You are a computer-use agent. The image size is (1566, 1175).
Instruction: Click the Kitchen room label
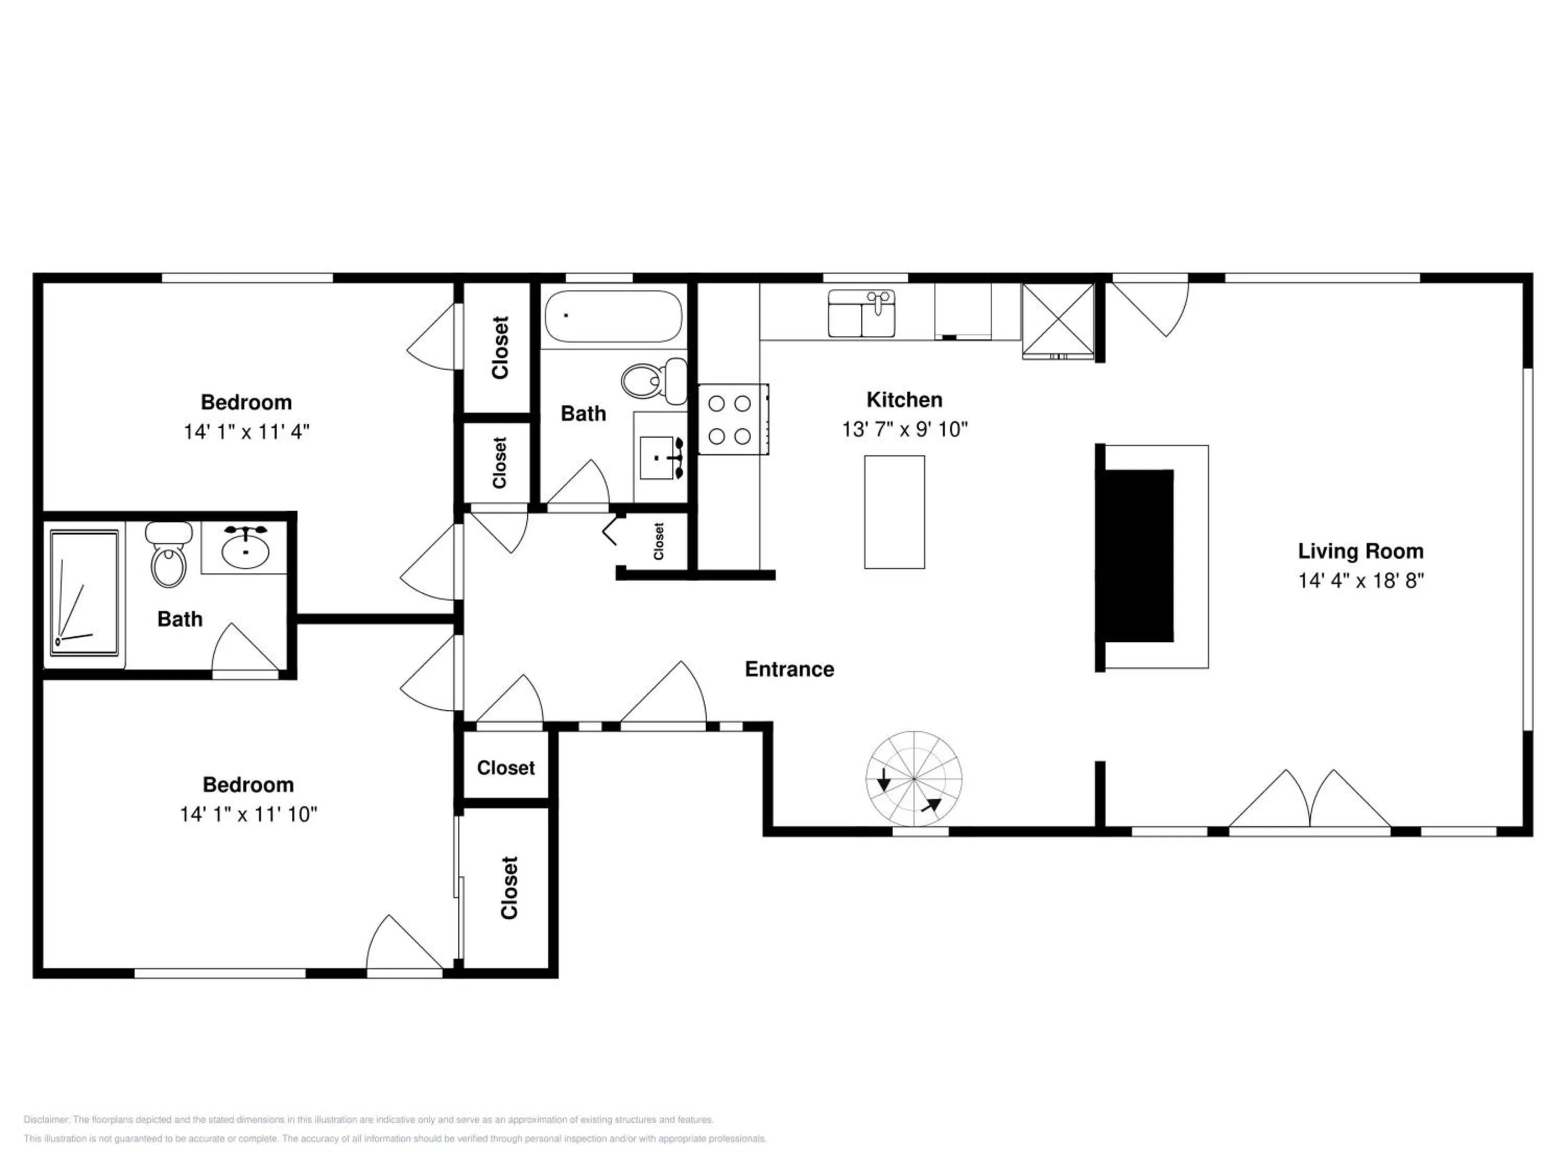904,399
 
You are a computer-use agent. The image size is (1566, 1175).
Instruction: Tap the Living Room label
1360,551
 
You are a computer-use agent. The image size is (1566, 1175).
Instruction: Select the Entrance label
789,669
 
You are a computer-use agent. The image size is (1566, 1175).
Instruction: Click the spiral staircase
914,779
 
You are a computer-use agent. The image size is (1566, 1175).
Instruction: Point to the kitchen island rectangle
894,512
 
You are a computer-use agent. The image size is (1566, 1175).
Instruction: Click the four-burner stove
733,419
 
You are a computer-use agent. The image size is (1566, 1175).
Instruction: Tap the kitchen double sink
862,313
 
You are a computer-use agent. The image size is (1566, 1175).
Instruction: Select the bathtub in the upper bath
614,316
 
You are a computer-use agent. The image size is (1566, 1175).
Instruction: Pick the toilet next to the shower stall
169,555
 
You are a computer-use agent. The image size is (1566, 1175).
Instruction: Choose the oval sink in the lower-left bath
245,549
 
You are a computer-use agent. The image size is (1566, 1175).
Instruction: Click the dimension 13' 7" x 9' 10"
905,429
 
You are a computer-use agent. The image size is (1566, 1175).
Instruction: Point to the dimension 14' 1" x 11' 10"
248,815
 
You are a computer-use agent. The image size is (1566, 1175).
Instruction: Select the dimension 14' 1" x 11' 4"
247,431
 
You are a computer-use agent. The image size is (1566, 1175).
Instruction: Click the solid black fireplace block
1135,556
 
